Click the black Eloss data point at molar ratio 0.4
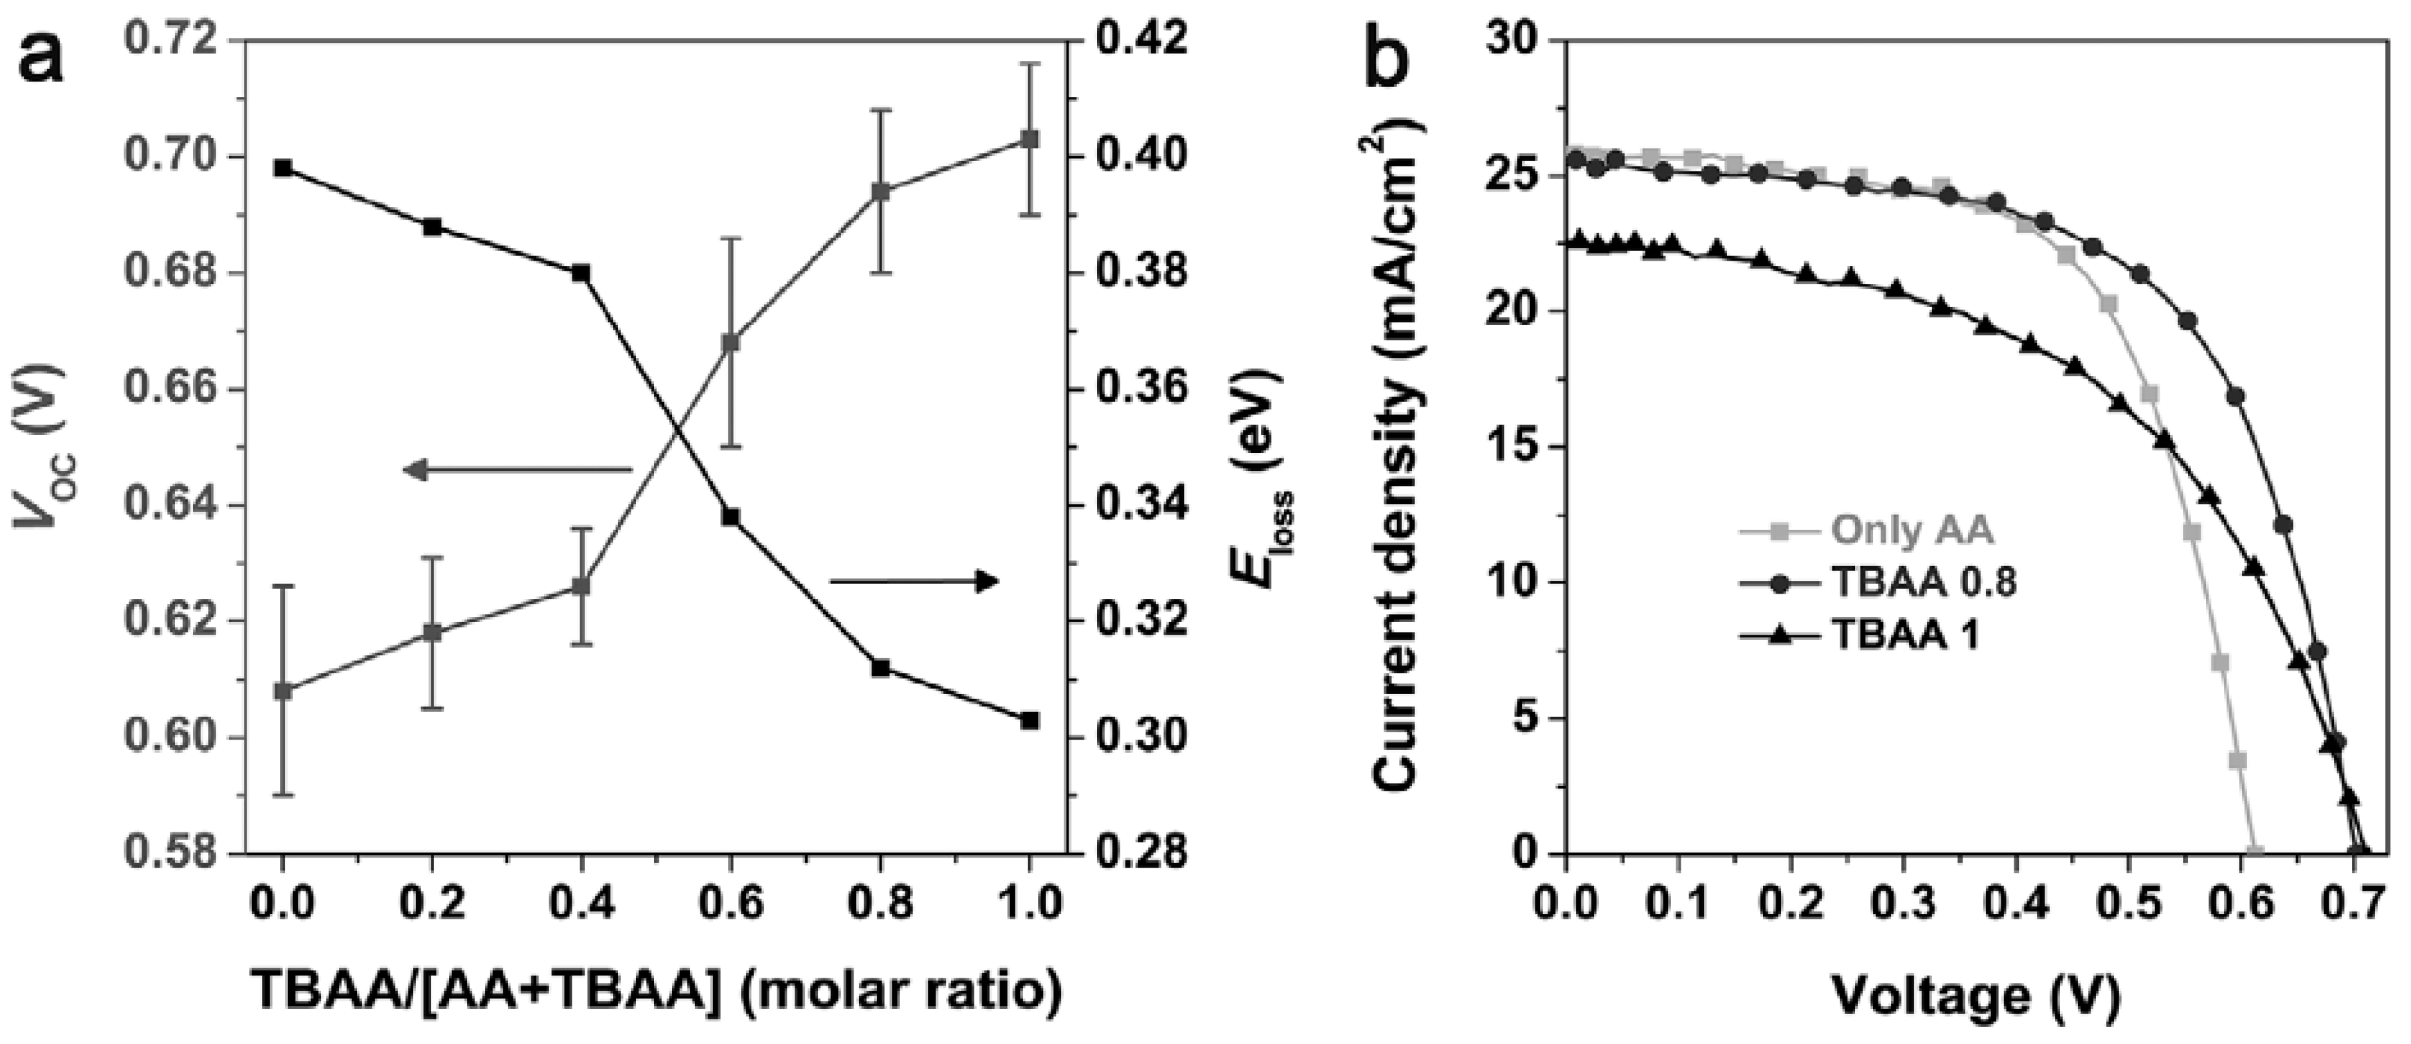[581, 273]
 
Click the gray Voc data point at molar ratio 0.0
[283, 691]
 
